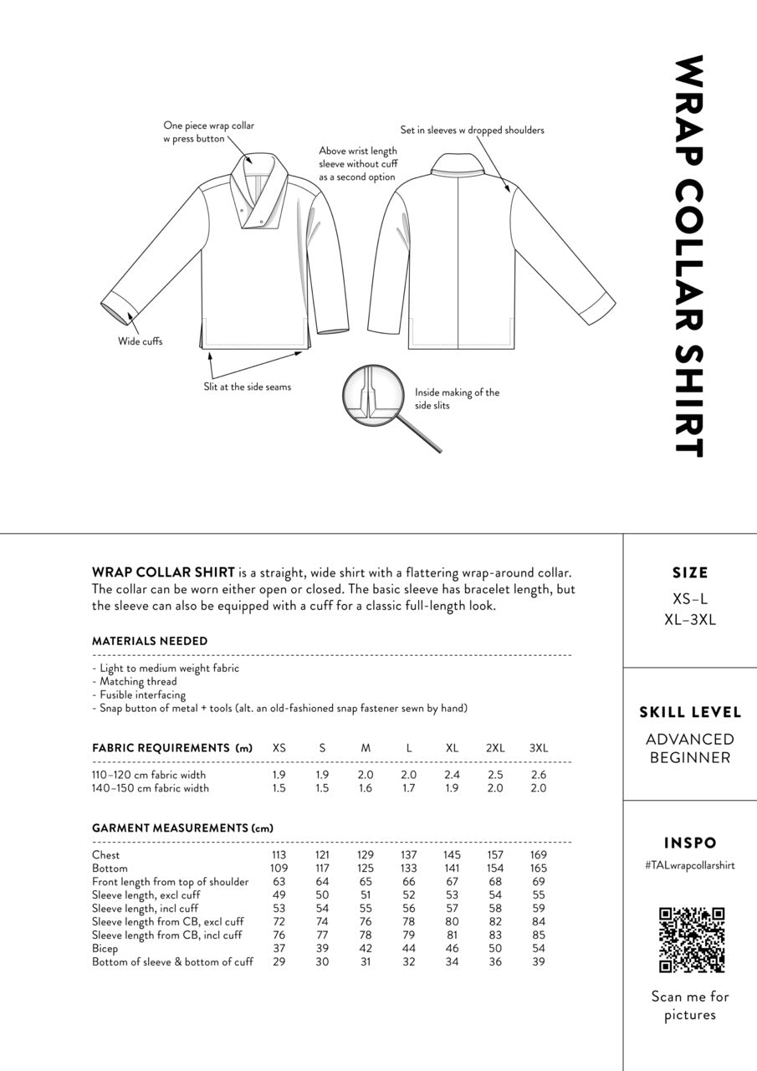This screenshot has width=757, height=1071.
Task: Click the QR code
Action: tap(691, 940)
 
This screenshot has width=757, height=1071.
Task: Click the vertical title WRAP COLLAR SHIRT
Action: tap(691, 256)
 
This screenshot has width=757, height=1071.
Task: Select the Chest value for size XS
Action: tap(279, 855)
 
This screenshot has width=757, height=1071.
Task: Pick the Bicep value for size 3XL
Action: tap(538, 949)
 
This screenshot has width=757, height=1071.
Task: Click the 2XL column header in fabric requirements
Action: tap(495, 748)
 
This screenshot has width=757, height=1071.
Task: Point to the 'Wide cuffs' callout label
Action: tap(140, 341)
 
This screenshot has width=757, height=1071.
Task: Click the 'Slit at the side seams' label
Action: tap(247, 387)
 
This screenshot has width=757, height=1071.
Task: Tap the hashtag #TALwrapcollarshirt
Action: tap(690, 865)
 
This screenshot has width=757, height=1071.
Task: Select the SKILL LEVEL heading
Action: tap(690, 713)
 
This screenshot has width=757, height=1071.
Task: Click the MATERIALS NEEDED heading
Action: tap(150, 641)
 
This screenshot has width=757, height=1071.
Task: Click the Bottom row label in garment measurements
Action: tap(110, 869)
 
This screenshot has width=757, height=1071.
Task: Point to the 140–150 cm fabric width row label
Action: tap(151, 788)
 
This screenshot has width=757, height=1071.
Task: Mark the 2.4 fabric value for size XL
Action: tap(452, 775)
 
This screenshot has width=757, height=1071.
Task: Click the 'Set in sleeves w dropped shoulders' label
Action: tap(472, 131)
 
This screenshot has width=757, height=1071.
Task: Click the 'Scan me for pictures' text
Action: tap(690, 1006)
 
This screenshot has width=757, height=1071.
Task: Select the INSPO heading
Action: tap(690, 843)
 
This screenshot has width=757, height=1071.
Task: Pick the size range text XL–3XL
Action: tap(690, 620)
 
